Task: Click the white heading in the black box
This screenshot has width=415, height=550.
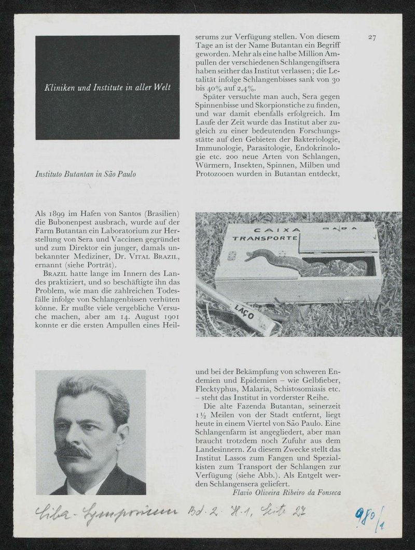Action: point(108,88)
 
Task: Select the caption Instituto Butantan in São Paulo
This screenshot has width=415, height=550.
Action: point(86,174)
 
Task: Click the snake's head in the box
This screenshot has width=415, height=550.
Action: point(251,253)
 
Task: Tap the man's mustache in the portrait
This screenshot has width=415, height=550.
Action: point(74,451)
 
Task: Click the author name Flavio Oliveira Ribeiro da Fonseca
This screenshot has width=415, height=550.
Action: point(287,493)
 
